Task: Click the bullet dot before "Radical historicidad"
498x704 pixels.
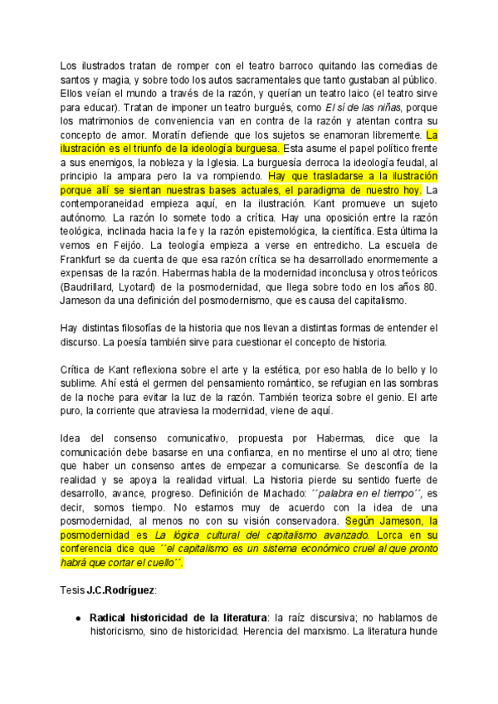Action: point(78,618)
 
